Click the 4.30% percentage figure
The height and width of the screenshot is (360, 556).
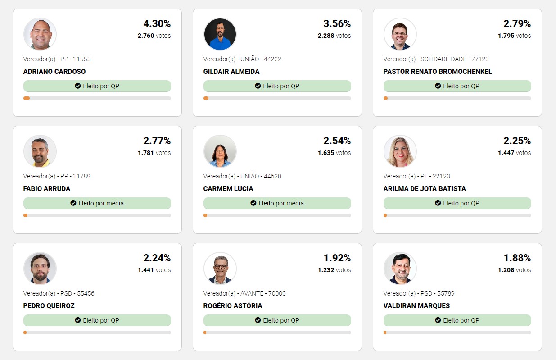point(157,24)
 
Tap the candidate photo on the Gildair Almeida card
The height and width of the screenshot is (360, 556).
point(220,34)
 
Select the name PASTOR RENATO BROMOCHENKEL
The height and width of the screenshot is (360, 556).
point(438,72)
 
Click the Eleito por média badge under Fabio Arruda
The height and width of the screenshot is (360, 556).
point(97,203)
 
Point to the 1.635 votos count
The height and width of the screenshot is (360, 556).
point(334,153)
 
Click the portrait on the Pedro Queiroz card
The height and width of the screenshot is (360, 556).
point(40,269)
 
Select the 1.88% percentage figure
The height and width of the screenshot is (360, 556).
point(517,258)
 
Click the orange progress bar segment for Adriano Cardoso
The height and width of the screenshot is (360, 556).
point(27,98)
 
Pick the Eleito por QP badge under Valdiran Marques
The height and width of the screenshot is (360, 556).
point(457,320)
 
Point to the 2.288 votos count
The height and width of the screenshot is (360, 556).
point(334,36)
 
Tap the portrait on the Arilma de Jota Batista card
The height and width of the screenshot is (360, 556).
point(400,151)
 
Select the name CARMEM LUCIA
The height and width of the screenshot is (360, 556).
point(228,189)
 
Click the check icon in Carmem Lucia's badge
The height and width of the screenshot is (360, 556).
point(253,203)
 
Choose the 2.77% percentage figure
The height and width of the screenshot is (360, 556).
point(157,141)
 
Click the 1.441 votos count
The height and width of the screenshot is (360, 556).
point(154,270)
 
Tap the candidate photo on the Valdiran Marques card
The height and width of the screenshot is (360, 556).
point(400,269)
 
